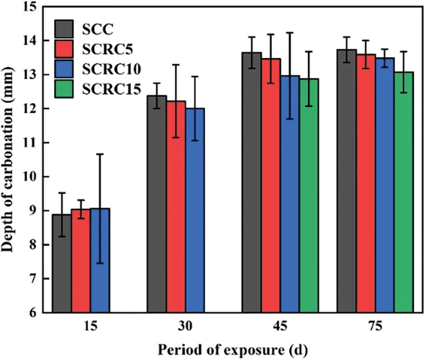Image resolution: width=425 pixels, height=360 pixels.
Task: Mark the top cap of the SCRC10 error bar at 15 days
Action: (100, 154)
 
